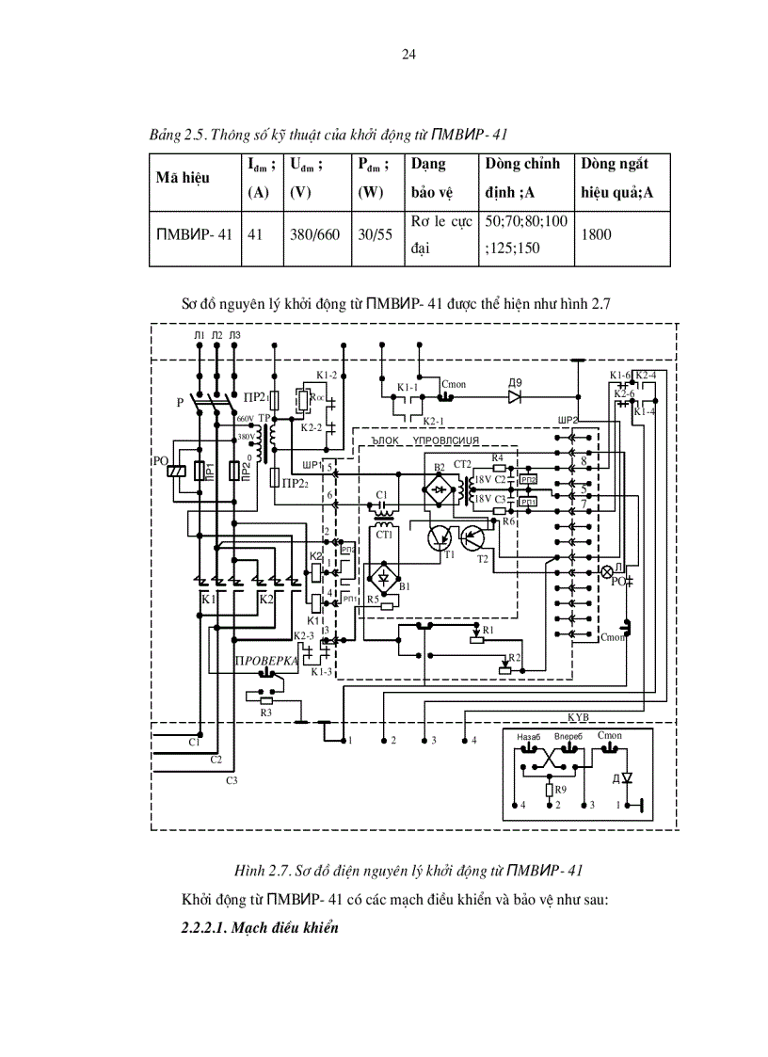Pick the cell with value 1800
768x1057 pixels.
(597, 233)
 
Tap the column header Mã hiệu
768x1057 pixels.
(183, 176)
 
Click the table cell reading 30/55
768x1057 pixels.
(374, 233)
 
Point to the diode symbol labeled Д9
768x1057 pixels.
(514, 396)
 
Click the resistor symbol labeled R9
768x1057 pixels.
(549, 789)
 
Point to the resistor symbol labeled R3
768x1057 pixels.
(265, 700)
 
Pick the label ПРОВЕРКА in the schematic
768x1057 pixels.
(267, 661)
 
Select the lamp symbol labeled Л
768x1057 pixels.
(607, 571)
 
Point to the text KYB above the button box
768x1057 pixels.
(579, 716)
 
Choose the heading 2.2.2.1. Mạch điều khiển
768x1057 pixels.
(259, 927)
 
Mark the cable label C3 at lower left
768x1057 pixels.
(232, 780)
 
